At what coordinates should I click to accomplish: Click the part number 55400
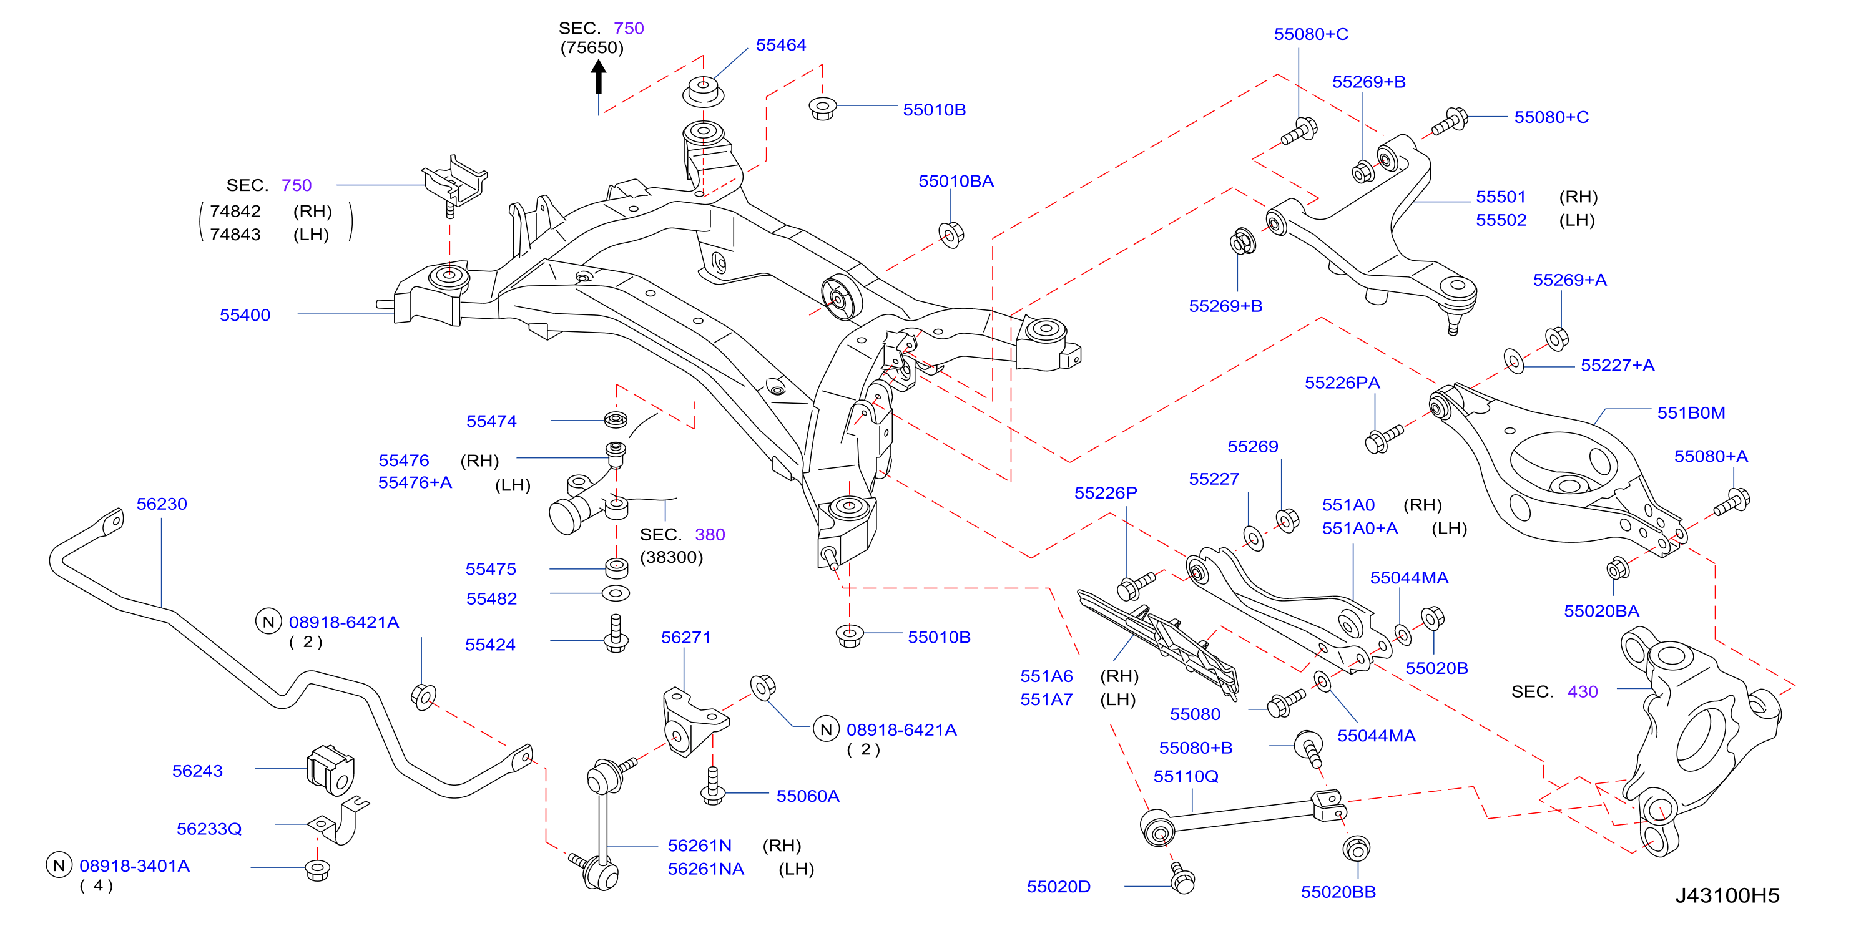click(x=245, y=314)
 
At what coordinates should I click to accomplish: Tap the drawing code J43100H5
click(x=1727, y=895)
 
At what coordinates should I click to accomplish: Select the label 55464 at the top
click(x=780, y=44)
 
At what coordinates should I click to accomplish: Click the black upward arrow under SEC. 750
click(x=598, y=77)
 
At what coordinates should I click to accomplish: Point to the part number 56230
click(x=162, y=504)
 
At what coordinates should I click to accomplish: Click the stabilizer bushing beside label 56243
click(x=330, y=769)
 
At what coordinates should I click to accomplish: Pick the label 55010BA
click(x=956, y=181)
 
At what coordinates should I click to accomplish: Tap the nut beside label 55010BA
click(x=951, y=235)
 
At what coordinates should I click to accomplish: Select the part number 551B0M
click(x=1690, y=412)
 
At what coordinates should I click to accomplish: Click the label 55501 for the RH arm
click(x=1500, y=196)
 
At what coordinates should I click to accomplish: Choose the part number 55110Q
click(x=1186, y=776)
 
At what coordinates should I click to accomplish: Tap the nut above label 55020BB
click(x=1356, y=849)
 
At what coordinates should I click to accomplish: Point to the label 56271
click(x=685, y=637)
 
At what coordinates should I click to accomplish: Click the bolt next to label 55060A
click(x=712, y=786)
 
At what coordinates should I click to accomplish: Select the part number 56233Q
click(x=209, y=828)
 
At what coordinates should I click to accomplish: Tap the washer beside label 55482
click(x=615, y=593)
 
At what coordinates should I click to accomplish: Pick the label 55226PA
click(x=1342, y=382)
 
